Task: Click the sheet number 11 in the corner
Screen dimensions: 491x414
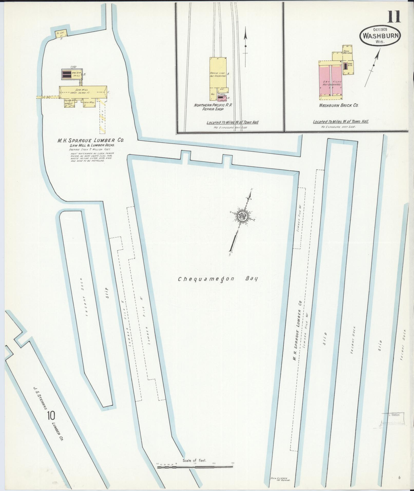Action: click(394, 17)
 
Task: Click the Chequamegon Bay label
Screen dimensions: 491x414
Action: click(218, 279)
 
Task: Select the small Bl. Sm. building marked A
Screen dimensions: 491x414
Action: click(61, 33)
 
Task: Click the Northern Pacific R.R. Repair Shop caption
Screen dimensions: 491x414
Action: click(213, 107)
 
